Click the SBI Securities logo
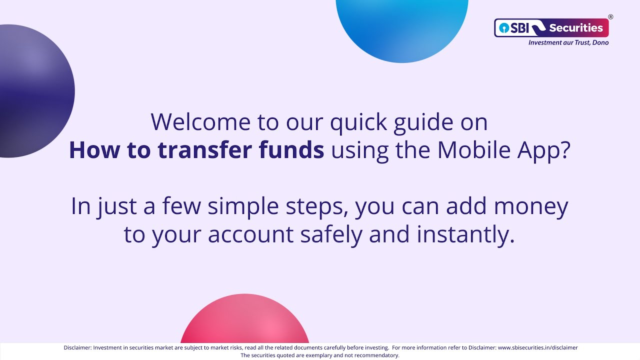coord(551,28)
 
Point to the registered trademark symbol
coord(610,17)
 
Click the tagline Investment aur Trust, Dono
coord(568,43)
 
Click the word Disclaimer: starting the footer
coord(77,347)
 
